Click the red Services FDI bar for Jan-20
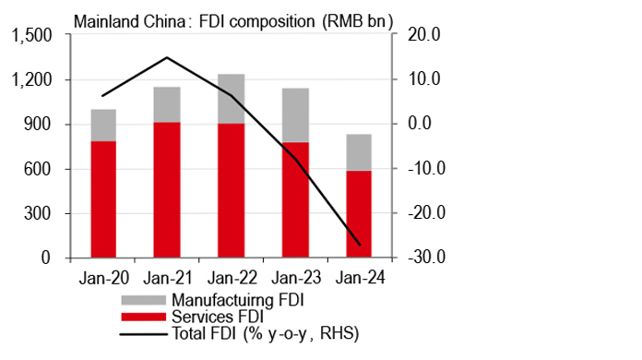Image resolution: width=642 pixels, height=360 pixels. pos(103,199)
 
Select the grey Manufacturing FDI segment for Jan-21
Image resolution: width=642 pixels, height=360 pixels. pos(167,104)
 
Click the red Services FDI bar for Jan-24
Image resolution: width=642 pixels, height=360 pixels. pos(359,214)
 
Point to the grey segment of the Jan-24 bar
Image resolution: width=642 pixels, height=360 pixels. pos(359,152)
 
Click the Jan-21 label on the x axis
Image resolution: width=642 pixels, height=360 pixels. pos(167,275)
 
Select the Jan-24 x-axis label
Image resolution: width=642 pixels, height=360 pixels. pos(359,275)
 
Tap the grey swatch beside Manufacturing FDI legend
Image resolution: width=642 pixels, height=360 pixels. pos(143,299)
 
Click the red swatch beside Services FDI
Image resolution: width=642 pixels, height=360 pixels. pos(143,316)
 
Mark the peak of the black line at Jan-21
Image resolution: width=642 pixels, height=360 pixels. pos(167,57)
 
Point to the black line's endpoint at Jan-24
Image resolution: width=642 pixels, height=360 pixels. pos(359,246)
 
